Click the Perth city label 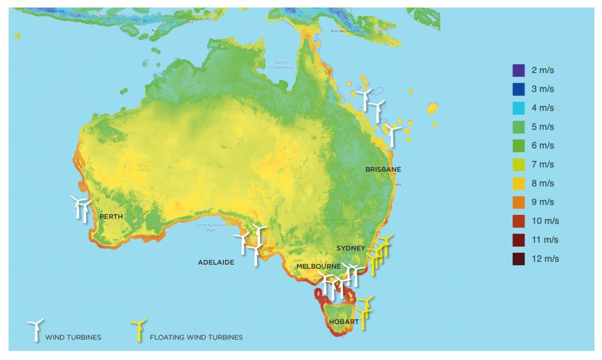pyautogui.click(x=111, y=216)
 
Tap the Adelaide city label pyautogui.click(x=216, y=262)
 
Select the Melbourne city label pyautogui.click(x=318, y=266)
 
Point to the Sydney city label pyautogui.click(x=351, y=248)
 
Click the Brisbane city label pyautogui.click(x=383, y=169)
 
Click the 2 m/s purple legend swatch pyautogui.click(x=518, y=71)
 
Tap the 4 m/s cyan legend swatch pyautogui.click(x=518, y=108)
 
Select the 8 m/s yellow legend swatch pyautogui.click(x=518, y=184)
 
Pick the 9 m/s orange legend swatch pyautogui.click(x=518, y=202)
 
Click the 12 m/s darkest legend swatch pyautogui.click(x=518, y=259)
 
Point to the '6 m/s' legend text pyautogui.click(x=542, y=146)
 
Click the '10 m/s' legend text pyautogui.click(x=544, y=221)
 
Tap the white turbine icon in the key pyautogui.click(x=35, y=329)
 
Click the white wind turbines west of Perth pyautogui.click(x=81, y=208)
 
